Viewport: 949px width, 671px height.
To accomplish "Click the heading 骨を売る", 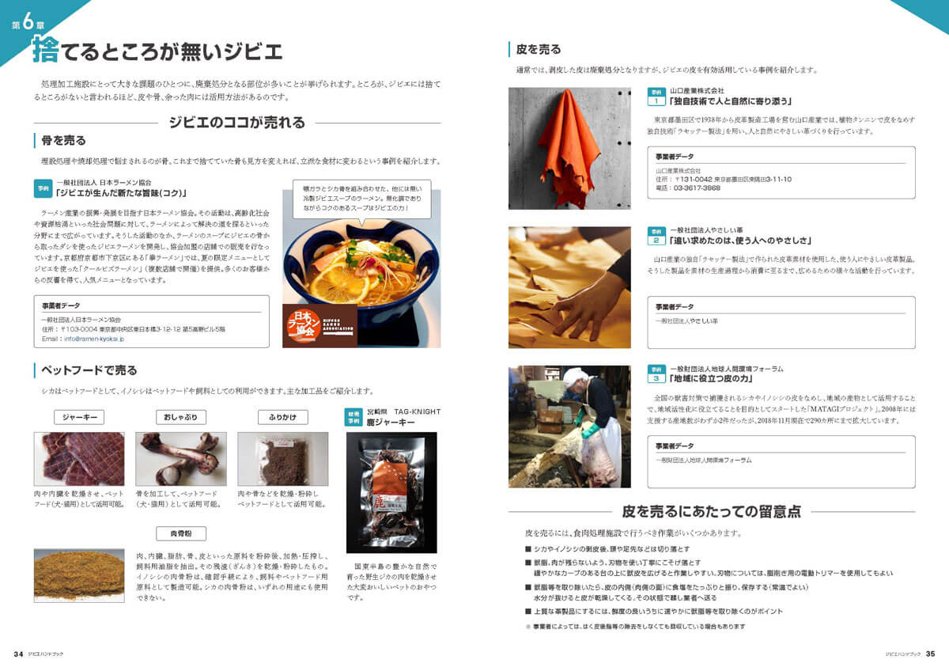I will coord(63,141).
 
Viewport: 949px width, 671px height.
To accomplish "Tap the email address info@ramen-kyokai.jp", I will coord(94,338).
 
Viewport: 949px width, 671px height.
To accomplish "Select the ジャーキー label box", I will coord(79,417).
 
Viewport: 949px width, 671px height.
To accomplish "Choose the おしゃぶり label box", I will coord(181,417).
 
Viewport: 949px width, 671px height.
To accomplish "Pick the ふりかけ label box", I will coord(282,417).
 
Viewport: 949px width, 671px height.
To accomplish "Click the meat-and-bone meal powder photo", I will coord(78,574).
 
